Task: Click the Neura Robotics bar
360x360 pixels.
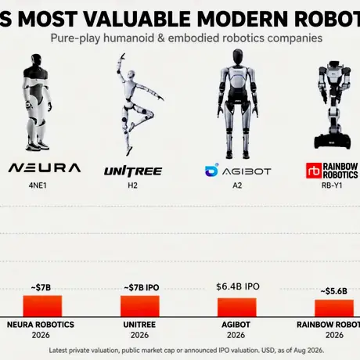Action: click(42, 306)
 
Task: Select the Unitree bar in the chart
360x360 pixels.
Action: click(140, 306)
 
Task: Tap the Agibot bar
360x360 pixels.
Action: click(237, 308)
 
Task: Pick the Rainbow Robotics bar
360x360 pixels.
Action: click(334, 308)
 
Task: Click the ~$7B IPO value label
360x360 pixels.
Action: click(142, 287)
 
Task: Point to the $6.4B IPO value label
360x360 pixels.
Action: click(238, 286)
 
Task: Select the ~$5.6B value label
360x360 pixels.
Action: click(333, 291)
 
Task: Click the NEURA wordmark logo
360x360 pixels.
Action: click(45, 168)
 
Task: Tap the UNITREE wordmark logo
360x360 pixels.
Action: click(133, 171)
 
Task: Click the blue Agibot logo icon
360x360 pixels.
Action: click(211, 170)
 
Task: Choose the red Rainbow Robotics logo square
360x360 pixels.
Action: click(314, 171)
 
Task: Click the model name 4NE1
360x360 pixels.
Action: click(38, 185)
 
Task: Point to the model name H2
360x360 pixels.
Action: click(132, 185)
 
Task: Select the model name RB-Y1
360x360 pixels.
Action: click(332, 185)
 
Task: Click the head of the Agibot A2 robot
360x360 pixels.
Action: click(237, 57)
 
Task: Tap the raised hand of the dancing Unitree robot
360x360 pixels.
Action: click(122, 57)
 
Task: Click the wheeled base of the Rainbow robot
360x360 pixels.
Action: click(333, 142)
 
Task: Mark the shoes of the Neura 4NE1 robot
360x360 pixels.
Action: click(38, 146)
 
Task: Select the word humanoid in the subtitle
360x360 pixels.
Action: click(129, 38)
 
